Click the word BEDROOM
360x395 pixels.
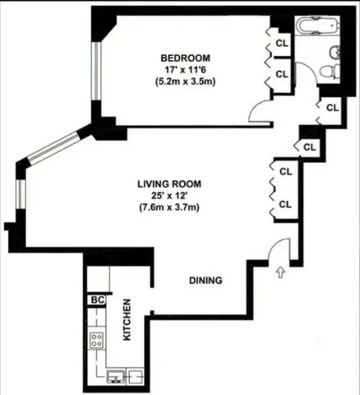[185, 58]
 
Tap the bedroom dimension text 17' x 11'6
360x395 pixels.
[185, 70]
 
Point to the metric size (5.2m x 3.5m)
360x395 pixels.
[185, 82]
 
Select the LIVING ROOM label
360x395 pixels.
[169, 184]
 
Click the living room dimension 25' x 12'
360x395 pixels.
[169, 196]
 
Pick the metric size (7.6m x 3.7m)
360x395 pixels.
[169, 208]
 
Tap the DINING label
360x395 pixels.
[205, 281]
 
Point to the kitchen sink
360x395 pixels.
[118, 376]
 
